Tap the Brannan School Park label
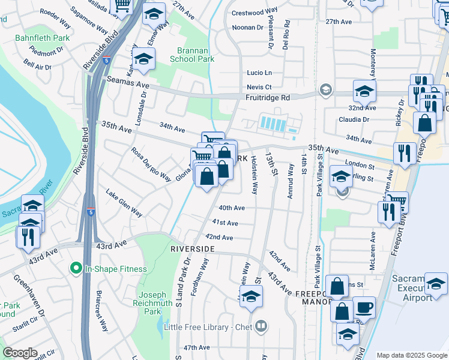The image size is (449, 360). coord(196,55)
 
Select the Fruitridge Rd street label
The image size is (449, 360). coord(267,97)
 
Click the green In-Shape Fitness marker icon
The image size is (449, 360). coord(76,268)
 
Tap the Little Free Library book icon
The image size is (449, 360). coord(261,327)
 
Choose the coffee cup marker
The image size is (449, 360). coord(364,308)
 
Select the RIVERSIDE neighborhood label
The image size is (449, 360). coord(193,248)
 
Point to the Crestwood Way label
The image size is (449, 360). coord(255,12)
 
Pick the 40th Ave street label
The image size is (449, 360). coord(232,208)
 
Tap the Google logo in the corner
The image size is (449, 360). coord(20,353)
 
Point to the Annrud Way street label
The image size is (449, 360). coord(291,179)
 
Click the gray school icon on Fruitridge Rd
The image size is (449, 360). coord(326,89)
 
